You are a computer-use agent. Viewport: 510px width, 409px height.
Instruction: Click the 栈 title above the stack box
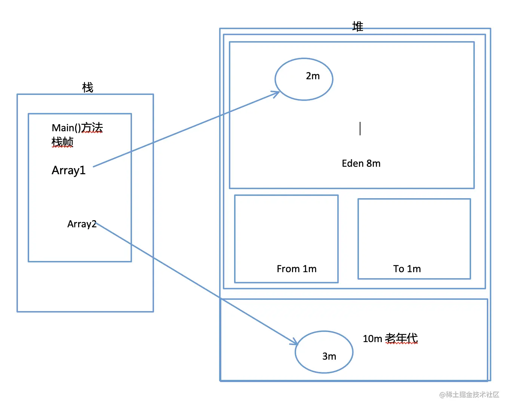coord(87,88)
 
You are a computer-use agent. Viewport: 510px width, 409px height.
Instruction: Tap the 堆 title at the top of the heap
coord(357,27)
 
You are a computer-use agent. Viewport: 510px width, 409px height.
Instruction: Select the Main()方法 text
coord(77,128)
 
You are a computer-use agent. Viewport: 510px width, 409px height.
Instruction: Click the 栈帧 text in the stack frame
coord(62,142)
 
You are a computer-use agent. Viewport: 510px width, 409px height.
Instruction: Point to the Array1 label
coord(68,170)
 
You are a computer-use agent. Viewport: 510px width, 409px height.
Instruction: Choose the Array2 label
coord(82,224)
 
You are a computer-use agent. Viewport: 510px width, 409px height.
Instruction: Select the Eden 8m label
coord(361,163)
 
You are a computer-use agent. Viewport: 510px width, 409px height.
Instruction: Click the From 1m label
coord(297,269)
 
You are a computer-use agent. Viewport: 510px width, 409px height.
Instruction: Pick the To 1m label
coord(407,269)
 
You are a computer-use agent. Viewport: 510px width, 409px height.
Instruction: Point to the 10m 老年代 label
coord(390,338)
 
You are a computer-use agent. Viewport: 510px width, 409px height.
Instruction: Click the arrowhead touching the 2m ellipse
coord(277,93)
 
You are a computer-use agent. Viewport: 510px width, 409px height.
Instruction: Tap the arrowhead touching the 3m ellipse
coord(295,342)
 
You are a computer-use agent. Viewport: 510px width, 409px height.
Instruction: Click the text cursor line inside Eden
coord(360,129)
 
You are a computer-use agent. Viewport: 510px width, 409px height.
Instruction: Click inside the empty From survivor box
coord(286,228)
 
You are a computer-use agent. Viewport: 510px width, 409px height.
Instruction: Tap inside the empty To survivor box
coord(414,230)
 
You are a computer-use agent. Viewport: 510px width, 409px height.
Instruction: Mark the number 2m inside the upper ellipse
coord(313,76)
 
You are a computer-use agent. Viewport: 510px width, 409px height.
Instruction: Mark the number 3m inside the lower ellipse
coord(329,356)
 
